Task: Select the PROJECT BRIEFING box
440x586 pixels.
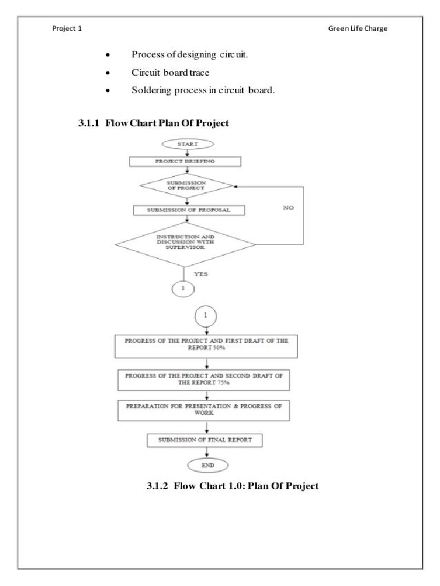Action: click(185, 161)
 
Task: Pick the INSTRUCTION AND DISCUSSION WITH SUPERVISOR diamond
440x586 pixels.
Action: click(185, 244)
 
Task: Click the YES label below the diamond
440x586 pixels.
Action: click(201, 274)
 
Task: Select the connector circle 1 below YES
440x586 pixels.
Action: click(183, 289)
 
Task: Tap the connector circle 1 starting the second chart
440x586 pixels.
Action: click(206, 315)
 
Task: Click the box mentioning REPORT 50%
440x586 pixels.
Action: click(207, 345)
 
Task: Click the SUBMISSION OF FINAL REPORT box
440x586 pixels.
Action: click(206, 440)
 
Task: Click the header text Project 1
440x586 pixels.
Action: click(66, 29)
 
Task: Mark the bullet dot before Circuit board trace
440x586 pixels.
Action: click(107, 73)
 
